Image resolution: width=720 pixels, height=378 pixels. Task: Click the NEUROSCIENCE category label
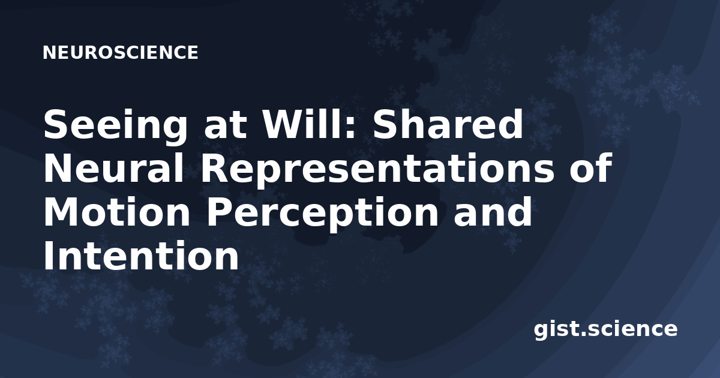[121, 52]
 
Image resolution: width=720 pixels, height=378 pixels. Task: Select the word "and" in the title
[493, 211]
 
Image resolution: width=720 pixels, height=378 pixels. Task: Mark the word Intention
[141, 256]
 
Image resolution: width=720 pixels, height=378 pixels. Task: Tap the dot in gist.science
[582, 335]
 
